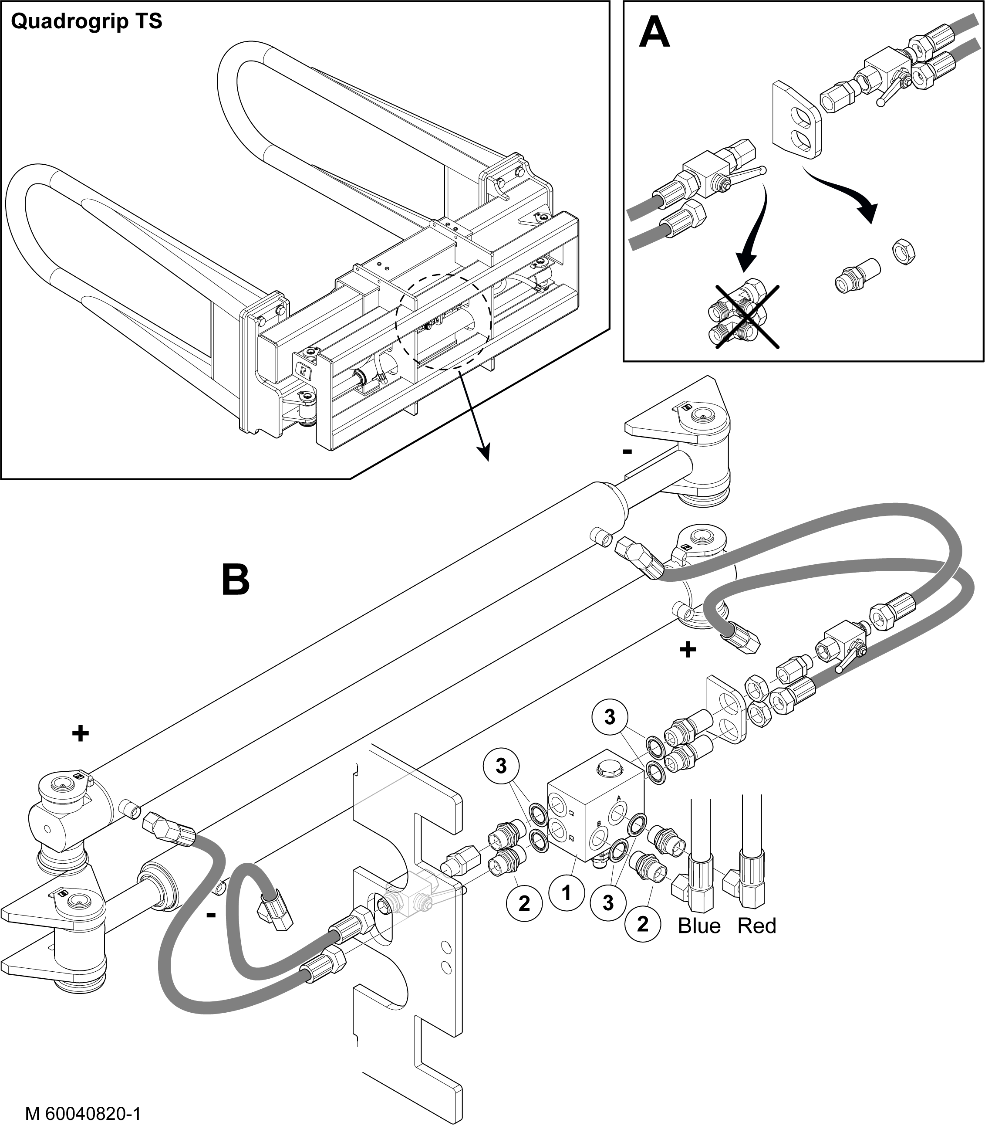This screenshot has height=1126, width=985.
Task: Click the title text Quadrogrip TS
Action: click(86, 22)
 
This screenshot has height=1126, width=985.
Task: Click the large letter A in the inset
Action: click(654, 33)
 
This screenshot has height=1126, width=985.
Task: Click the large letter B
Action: click(235, 580)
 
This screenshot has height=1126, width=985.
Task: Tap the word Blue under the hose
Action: click(699, 926)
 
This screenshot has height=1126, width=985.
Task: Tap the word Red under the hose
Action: click(757, 926)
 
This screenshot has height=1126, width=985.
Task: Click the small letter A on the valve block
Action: click(619, 798)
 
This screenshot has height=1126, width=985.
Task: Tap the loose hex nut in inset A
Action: click(901, 252)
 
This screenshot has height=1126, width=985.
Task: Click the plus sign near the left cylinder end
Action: click(80, 733)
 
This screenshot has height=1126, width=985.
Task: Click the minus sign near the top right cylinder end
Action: click(627, 451)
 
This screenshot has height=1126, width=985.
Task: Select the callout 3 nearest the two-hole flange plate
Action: click(610, 717)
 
